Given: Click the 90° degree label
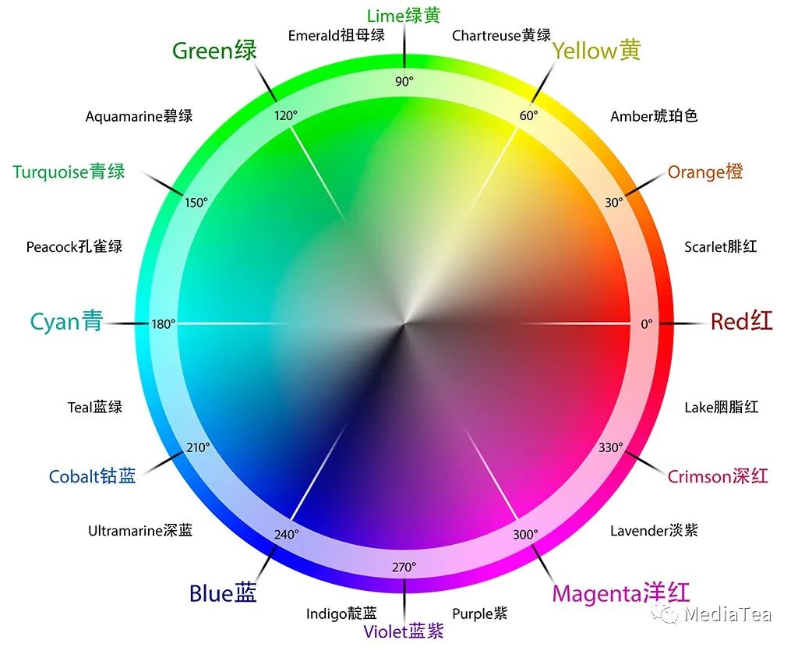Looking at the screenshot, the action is click(404, 81).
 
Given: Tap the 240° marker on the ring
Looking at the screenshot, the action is click(286, 535).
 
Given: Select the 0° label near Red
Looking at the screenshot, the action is click(646, 323).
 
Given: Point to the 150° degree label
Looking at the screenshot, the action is click(196, 203).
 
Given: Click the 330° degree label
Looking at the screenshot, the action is click(611, 447).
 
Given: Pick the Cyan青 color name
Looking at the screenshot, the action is click(66, 321).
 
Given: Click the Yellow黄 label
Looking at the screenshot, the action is click(597, 51).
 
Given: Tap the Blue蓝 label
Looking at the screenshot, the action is click(223, 594).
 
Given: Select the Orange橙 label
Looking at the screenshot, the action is click(705, 171).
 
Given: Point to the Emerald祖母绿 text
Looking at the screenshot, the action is click(337, 35).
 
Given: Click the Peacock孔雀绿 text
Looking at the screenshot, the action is click(74, 247).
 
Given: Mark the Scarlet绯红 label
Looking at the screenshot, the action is click(721, 247).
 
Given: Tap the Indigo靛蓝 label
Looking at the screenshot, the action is click(341, 614).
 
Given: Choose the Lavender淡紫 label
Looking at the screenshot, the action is click(654, 531).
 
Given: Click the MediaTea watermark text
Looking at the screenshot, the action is click(727, 614).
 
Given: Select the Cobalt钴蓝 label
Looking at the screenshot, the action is click(92, 476).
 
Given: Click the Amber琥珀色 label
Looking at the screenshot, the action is click(654, 116).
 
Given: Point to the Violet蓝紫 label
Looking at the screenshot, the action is click(404, 631).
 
